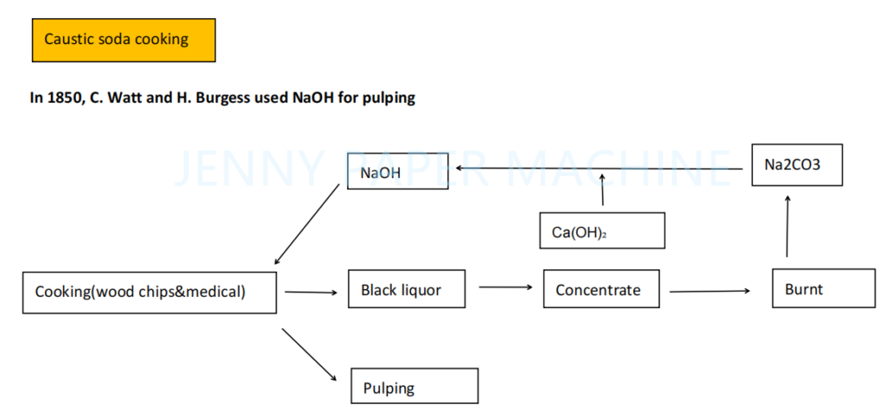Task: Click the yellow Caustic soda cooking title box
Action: pyautogui.click(x=123, y=40)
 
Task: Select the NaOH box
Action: pyautogui.click(x=397, y=173)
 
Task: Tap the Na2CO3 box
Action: pyautogui.click(x=796, y=164)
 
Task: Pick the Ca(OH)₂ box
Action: pyautogui.click(x=601, y=231)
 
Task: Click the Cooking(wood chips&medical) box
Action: pyautogui.click(x=150, y=292)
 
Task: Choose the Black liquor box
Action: pyautogui.click(x=407, y=290)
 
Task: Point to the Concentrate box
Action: pyautogui.click(x=601, y=290)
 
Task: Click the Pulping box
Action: pyautogui.click(x=414, y=386)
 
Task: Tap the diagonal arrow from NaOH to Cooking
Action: pyautogui.click(x=306, y=223)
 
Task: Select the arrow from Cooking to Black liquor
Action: pyautogui.click(x=311, y=292)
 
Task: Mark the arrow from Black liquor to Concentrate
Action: pyautogui.click(x=505, y=286)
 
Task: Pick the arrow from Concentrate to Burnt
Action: pyautogui.click(x=709, y=291)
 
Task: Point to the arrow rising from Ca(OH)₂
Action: pyautogui.click(x=602, y=189)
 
